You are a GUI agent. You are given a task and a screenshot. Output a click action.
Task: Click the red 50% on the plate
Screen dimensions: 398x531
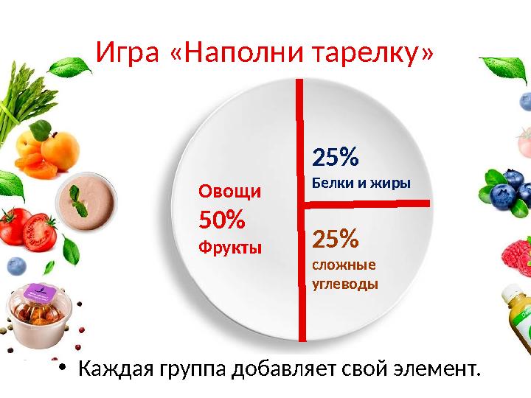(222, 220)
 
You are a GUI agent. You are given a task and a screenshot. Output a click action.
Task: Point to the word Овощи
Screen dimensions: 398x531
(229, 192)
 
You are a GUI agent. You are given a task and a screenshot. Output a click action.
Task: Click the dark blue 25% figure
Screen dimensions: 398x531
(336, 157)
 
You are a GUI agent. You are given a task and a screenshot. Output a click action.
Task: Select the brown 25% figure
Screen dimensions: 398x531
(336, 239)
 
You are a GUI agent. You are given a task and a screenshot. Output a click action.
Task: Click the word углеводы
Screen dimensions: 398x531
(345, 283)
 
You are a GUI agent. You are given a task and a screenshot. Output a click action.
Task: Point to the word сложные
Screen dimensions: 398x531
(344, 265)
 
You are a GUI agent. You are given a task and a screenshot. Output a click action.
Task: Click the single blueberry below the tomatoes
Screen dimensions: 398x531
(16, 265)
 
